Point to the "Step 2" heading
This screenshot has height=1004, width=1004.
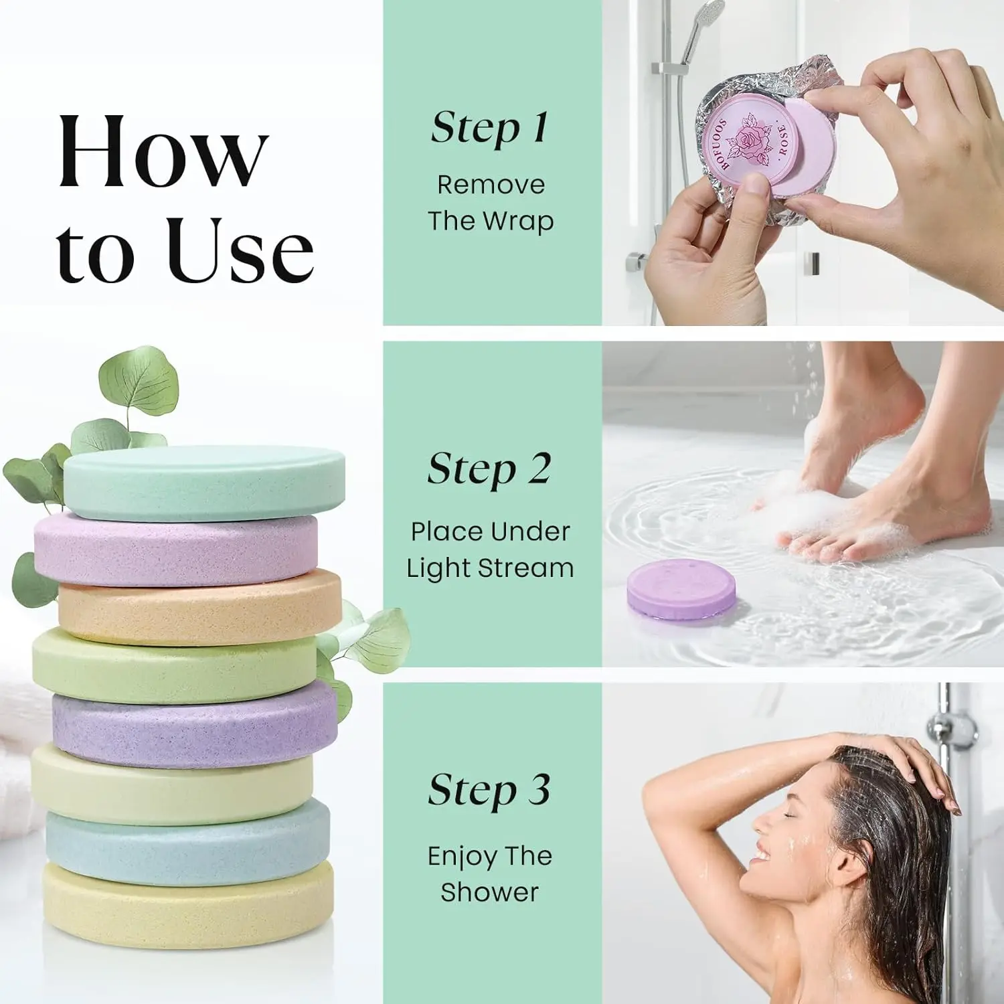coord(490,469)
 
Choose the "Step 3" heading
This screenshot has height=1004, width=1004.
coord(490,790)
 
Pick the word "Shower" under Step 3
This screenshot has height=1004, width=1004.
coord(490,892)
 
